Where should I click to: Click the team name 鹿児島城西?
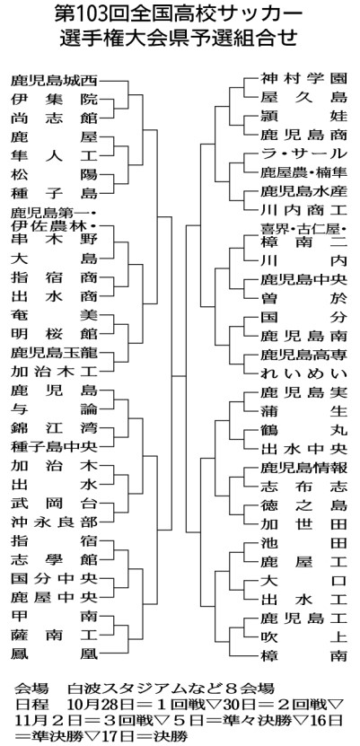click(x=54, y=81)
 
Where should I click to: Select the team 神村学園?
click(x=303, y=78)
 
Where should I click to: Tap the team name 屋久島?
click(x=303, y=97)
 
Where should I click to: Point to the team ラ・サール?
click(x=303, y=154)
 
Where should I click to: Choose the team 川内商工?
click(x=303, y=210)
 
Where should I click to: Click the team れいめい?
click(x=303, y=373)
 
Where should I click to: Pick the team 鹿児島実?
click(x=303, y=392)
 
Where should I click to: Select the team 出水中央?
click(x=303, y=449)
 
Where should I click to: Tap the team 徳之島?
click(x=303, y=505)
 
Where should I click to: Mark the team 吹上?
click(x=303, y=636)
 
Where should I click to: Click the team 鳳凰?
click(x=54, y=654)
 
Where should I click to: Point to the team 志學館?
click(x=54, y=559)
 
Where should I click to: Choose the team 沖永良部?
click(x=54, y=522)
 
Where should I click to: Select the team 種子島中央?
click(x=54, y=447)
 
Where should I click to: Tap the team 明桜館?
click(x=54, y=334)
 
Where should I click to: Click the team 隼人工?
click(x=54, y=156)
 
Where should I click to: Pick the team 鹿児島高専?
click(x=303, y=354)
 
